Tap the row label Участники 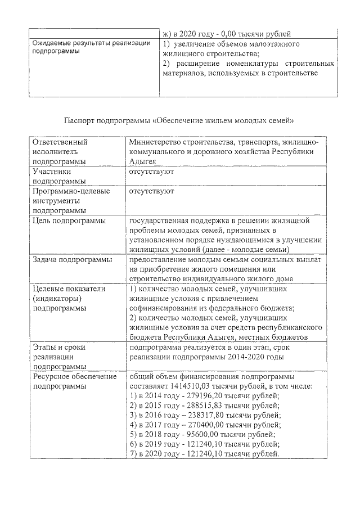tap(52, 172)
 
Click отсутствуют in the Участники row tap(151, 172)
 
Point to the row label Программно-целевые tap(70, 191)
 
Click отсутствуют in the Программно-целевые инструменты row tap(151, 191)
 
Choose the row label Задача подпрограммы tap(72, 260)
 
